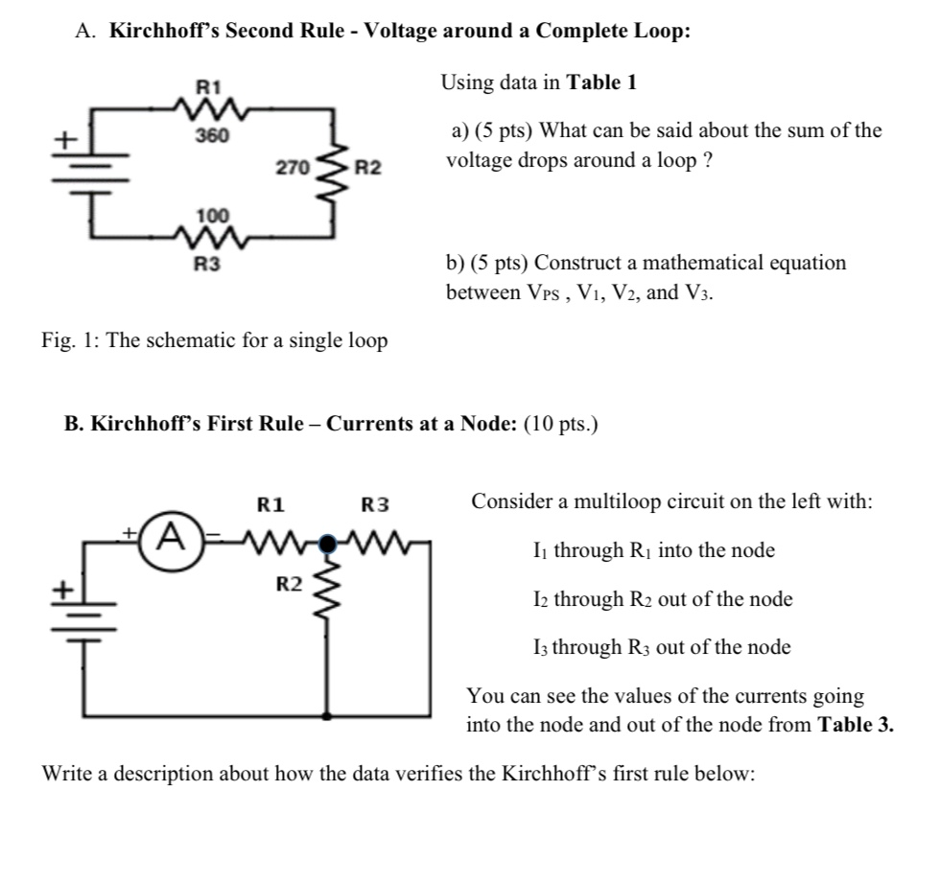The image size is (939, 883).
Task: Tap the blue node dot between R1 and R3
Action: click(329, 542)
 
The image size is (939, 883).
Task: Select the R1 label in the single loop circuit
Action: click(209, 87)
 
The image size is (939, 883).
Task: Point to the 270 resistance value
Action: click(292, 169)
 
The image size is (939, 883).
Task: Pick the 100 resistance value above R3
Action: click(208, 216)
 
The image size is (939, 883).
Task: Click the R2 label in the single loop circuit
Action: click(367, 169)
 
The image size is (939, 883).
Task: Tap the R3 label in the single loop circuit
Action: click(208, 263)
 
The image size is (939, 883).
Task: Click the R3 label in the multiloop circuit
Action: click(376, 503)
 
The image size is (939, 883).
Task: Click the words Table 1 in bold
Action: click(602, 82)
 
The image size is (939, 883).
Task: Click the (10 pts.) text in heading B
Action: click(561, 425)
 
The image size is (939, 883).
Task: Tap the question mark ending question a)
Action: click(708, 159)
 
